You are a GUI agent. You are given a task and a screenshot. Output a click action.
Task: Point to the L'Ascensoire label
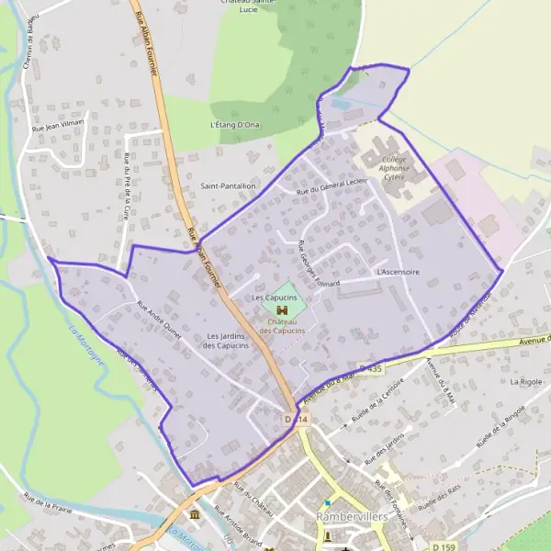(398, 273)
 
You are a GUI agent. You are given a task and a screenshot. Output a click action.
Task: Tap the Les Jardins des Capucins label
(226, 340)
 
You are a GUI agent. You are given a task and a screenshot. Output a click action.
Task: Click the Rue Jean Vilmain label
(58, 125)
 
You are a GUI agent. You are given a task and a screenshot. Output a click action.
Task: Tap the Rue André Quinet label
(159, 321)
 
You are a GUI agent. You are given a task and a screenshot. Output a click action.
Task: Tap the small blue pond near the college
(338, 105)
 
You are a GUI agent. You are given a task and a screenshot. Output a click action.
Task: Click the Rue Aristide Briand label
(238, 527)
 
